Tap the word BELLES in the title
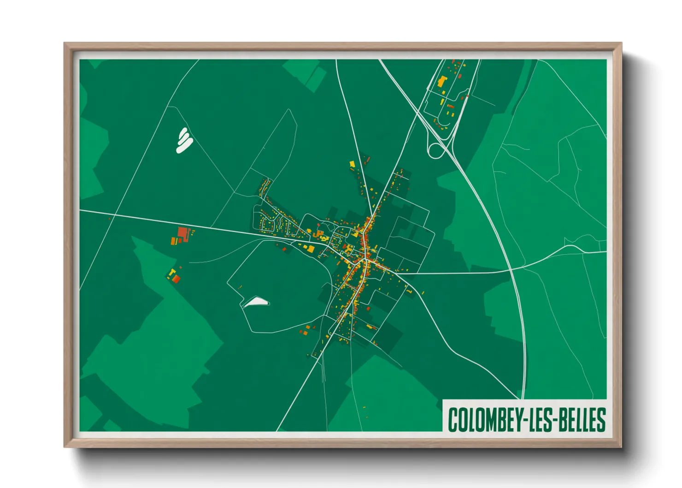pos(583,419)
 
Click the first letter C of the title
pos(453,419)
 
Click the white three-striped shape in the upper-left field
pos(184,140)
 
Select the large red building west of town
pos(183,232)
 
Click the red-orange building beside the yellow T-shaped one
pos(176,278)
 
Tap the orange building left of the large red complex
pos(174,240)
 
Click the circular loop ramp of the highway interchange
pos(435,150)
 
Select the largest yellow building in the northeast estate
pos(442,82)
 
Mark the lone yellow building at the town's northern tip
pos(353,164)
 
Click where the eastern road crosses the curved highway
pos(511,270)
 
